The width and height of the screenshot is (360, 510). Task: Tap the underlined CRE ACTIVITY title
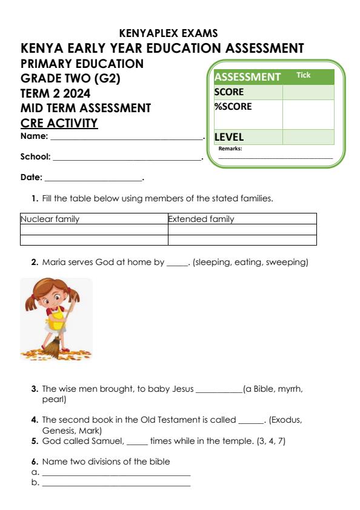point(59,123)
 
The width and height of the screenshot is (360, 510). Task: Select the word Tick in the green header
point(303,75)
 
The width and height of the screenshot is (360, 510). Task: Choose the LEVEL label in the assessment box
point(228,137)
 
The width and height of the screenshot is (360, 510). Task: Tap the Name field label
point(34,136)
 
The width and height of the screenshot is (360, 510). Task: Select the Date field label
point(32,178)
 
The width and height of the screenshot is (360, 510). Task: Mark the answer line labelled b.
point(115,484)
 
